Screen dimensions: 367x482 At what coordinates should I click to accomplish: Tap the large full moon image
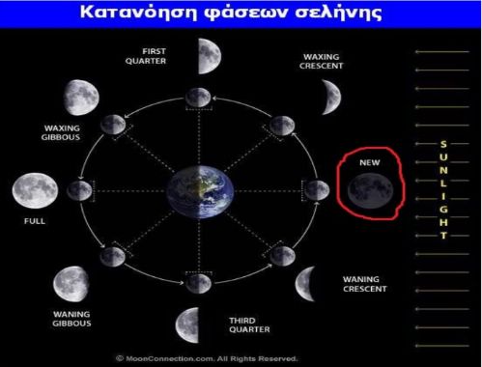(x=31, y=189)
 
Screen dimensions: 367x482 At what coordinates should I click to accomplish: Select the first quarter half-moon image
(x=209, y=57)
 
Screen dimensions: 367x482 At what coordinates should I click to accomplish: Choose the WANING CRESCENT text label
(x=365, y=284)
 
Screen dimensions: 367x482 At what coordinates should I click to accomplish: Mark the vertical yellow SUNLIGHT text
(x=443, y=188)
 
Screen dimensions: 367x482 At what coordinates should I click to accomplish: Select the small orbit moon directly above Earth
(x=198, y=96)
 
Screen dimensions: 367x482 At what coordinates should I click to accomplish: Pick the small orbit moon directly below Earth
(x=198, y=282)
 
